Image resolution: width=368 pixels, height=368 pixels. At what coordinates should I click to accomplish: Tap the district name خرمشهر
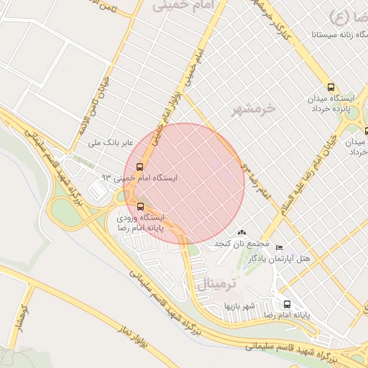254,109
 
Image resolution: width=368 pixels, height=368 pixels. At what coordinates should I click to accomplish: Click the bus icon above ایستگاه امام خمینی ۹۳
139,167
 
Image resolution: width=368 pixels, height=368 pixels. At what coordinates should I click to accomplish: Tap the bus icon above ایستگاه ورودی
139,206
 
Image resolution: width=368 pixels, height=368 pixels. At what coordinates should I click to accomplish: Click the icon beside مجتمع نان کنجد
241,233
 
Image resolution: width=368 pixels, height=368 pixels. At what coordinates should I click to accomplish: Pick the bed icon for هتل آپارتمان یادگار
280,247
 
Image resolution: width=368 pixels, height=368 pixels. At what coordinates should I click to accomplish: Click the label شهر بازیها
239,306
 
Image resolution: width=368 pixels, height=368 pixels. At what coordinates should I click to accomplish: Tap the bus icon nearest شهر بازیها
287,305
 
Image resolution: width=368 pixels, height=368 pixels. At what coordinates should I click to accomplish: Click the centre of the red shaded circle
184,184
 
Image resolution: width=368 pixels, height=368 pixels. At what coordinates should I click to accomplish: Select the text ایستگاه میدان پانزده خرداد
330,103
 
